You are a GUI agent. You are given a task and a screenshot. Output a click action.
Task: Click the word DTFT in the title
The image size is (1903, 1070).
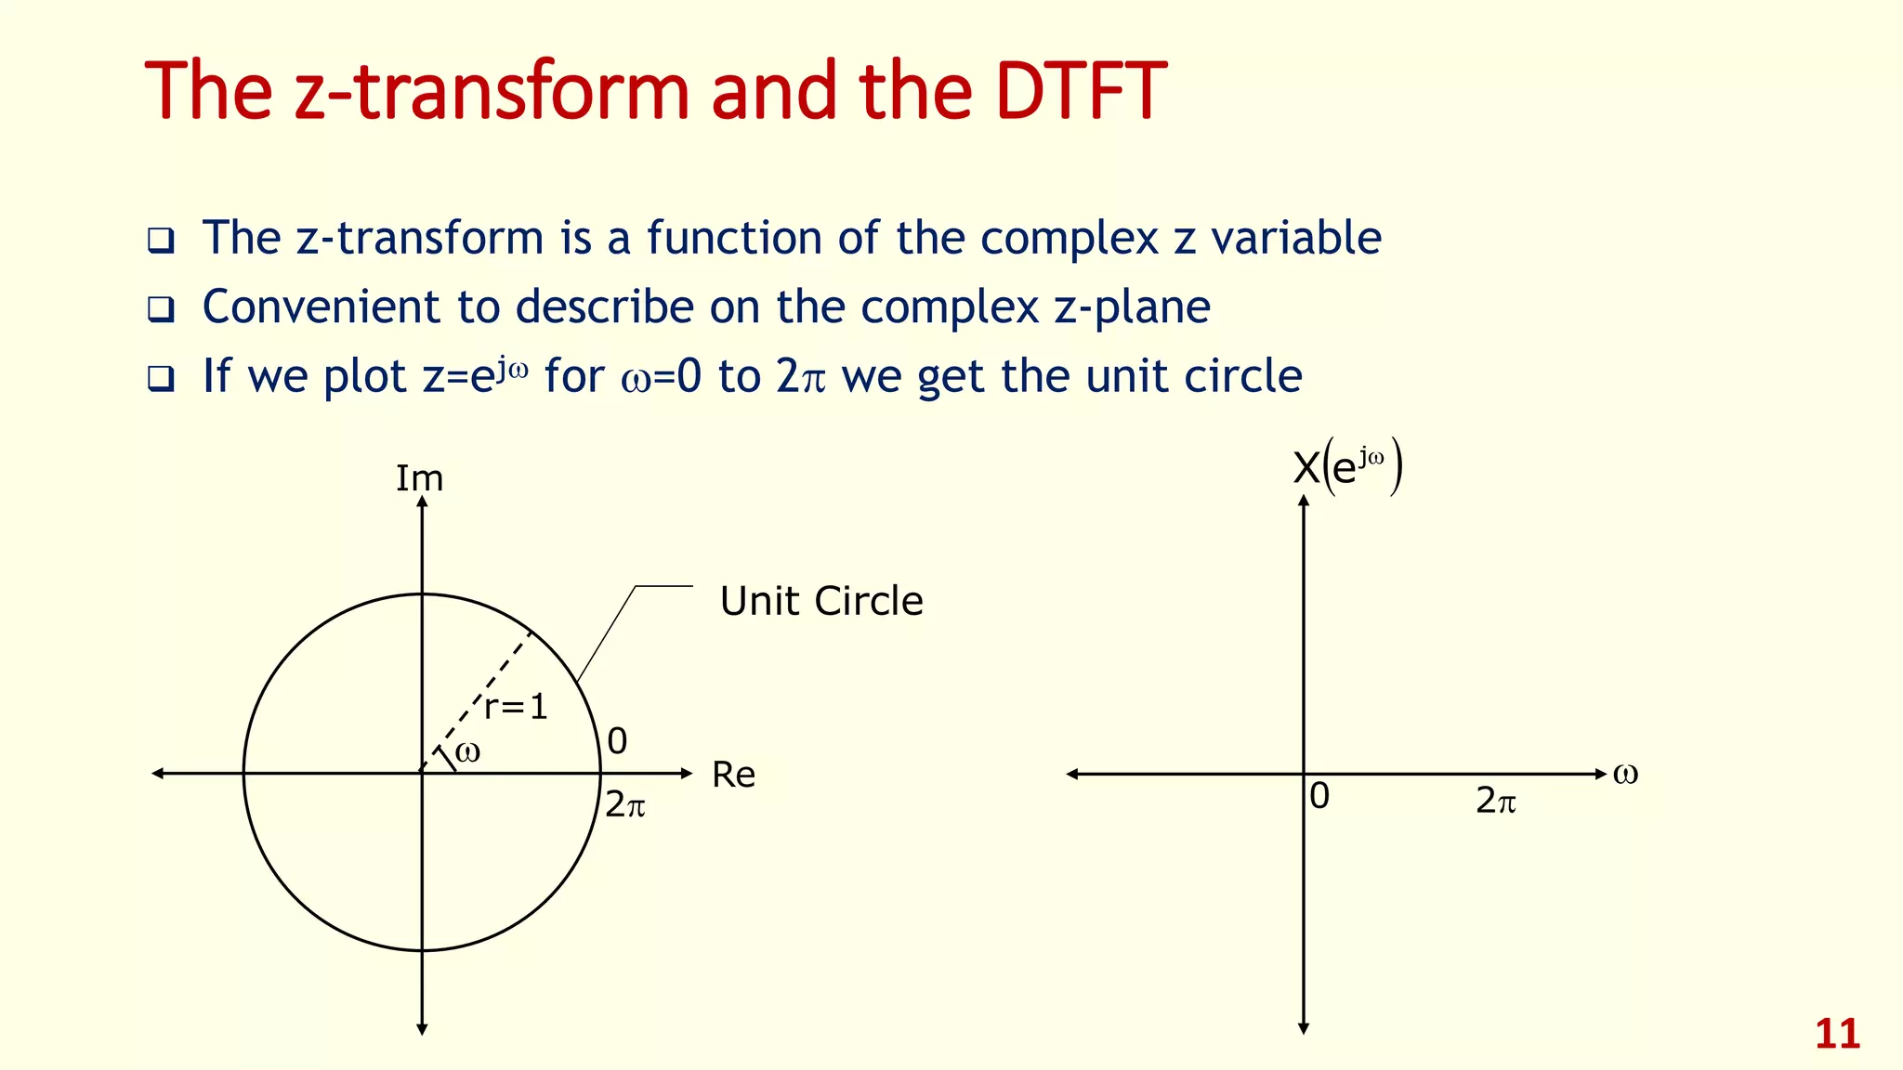tap(1080, 91)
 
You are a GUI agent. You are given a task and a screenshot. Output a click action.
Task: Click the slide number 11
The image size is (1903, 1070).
tap(1837, 1034)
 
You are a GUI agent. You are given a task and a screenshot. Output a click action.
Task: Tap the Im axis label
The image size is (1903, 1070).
tap(420, 478)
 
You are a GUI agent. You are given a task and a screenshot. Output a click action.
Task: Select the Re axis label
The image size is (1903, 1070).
tap(733, 775)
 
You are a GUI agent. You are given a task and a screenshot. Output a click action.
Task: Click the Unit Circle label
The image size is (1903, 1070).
tap(821, 601)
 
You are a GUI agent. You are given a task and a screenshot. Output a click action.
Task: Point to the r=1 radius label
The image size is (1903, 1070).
tap(517, 708)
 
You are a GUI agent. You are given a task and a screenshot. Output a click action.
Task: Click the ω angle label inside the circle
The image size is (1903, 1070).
tap(468, 751)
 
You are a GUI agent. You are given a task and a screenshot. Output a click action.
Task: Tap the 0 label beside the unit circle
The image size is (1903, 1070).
tap(617, 741)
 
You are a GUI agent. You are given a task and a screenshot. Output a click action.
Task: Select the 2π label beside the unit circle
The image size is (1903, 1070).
tap(624, 804)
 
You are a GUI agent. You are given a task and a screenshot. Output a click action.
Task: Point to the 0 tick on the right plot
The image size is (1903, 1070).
tap(1319, 796)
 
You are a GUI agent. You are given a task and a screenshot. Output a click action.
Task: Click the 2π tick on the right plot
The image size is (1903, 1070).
tap(1495, 801)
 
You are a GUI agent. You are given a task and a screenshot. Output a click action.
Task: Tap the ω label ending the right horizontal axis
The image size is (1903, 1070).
tap(1625, 773)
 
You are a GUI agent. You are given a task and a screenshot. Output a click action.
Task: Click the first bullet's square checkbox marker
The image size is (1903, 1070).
tap(161, 241)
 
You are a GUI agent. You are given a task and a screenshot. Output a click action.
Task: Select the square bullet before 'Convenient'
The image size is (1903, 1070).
tap(161, 310)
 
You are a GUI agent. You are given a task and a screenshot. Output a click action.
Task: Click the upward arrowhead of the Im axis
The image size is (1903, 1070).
tap(422, 502)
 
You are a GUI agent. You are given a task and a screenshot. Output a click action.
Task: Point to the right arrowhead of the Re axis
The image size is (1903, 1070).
tap(688, 773)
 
